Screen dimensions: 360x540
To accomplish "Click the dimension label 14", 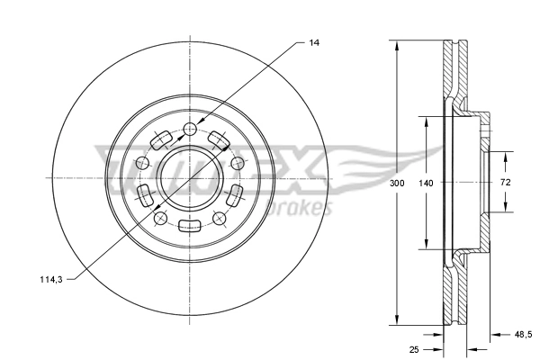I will (x=314, y=41).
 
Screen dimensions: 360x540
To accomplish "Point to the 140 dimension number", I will (x=427, y=183).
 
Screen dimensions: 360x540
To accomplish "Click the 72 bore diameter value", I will (x=505, y=183).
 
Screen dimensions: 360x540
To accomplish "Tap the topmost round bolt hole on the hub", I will (x=189, y=129).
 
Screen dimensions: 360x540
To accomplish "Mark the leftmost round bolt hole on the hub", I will (x=142, y=163).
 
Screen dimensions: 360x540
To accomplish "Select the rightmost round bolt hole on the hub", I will (x=237, y=163).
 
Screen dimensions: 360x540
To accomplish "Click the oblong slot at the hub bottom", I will (x=189, y=226).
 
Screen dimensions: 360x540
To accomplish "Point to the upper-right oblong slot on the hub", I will (x=219, y=140).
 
